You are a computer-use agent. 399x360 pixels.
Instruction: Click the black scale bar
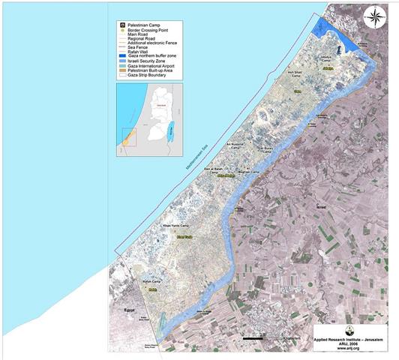pyautogui.click(x=256, y=340)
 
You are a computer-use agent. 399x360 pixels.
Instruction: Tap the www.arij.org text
pyautogui.click(x=348, y=349)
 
